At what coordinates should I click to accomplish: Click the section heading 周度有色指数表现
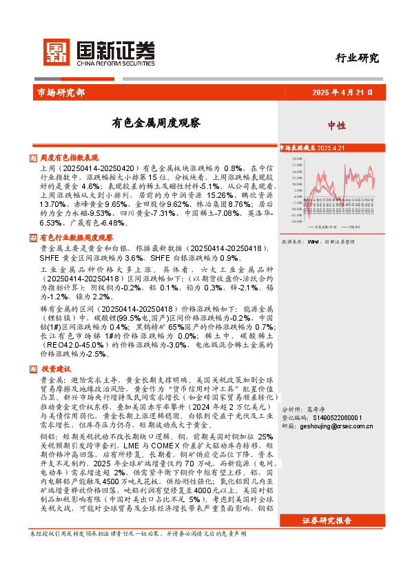click(70, 158)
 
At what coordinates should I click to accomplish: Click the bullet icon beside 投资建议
click(34, 368)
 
